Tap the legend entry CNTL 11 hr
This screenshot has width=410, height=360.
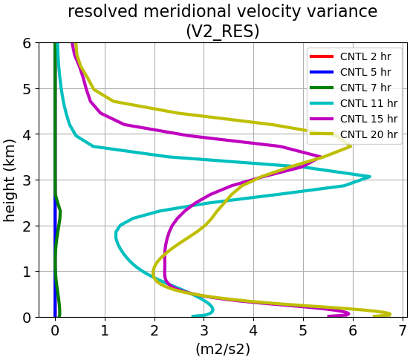click(x=354, y=103)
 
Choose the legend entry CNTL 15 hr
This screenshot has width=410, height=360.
click(x=354, y=119)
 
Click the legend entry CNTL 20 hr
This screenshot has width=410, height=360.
click(x=354, y=134)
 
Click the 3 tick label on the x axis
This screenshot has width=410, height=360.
click(x=204, y=331)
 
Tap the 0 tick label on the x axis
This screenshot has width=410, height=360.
click(x=55, y=331)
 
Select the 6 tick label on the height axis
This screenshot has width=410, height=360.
click(x=27, y=43)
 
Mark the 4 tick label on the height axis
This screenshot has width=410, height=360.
click(x=27, y=134)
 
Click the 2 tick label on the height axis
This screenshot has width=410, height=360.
click(x=27, y=226)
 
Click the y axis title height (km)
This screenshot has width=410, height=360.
click(x=10, y=180)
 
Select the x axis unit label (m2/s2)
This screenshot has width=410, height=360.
click(x=223, y=350)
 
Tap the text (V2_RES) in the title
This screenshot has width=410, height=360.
click(x=223, y=32)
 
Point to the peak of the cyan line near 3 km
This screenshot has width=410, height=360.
click(x=370, y=177)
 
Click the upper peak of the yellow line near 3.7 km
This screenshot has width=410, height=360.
click(x=351, y=146)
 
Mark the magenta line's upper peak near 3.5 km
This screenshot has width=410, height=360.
click(x=320, y=157)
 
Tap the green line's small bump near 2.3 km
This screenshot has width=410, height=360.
click(x=60, y=211)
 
